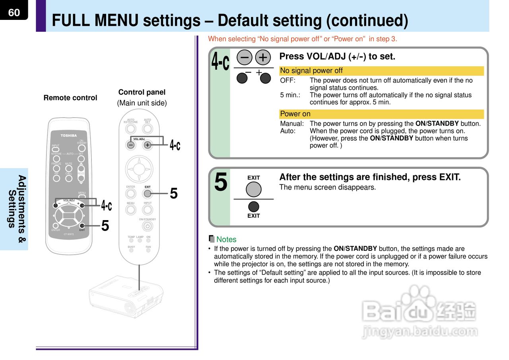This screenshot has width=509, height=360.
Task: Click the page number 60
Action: click(x=14, y=12)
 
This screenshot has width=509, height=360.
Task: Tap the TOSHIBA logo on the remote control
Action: click(x=68, y=135)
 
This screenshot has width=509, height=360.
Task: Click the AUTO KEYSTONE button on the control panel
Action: click(x=131, y=129)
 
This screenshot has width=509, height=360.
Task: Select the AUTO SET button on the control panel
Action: click(x=148, y=129)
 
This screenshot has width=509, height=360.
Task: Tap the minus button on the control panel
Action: click(x=131, y=145)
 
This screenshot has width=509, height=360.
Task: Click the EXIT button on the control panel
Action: click(x=148, y=194)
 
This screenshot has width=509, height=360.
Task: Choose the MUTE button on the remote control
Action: click(x=69, y=168)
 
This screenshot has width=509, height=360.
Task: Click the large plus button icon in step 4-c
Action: click(x=262, y=58)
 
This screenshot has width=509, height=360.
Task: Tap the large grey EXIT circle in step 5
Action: click(x=253, y=190)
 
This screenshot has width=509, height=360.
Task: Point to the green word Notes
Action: click(x=226, y=240)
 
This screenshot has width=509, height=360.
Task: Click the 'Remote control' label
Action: click(x=70, y=98)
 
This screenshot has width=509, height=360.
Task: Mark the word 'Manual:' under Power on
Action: click(x=291, y=124)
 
